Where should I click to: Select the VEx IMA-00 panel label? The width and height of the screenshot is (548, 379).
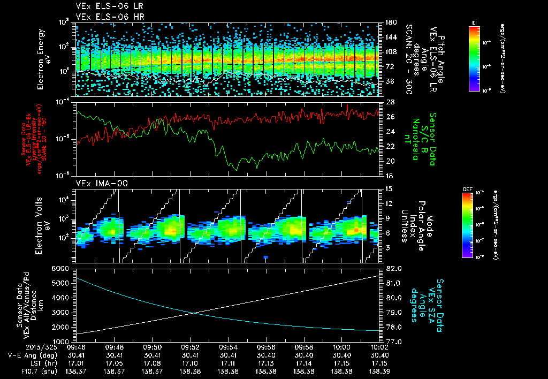pyautogui.click(x=96, y=183)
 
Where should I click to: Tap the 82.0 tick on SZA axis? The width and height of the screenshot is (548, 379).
pyautogui.click(x=393, y=268)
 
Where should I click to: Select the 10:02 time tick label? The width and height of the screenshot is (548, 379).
pyautogui.click(x=379, y=346)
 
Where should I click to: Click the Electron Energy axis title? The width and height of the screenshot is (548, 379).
pyautogui.click(x=43, y=59)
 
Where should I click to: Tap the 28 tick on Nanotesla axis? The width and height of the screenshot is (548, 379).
pyautogui.click(x=390, y=102)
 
